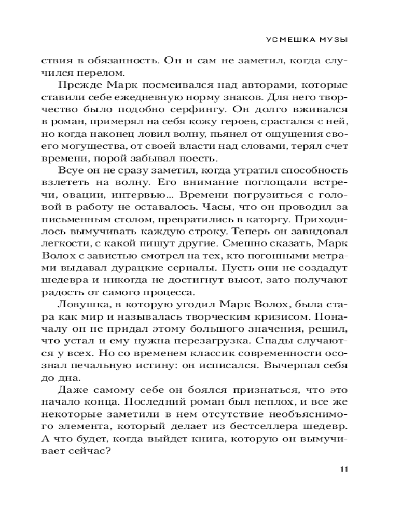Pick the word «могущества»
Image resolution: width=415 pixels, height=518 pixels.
click(105, 147)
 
